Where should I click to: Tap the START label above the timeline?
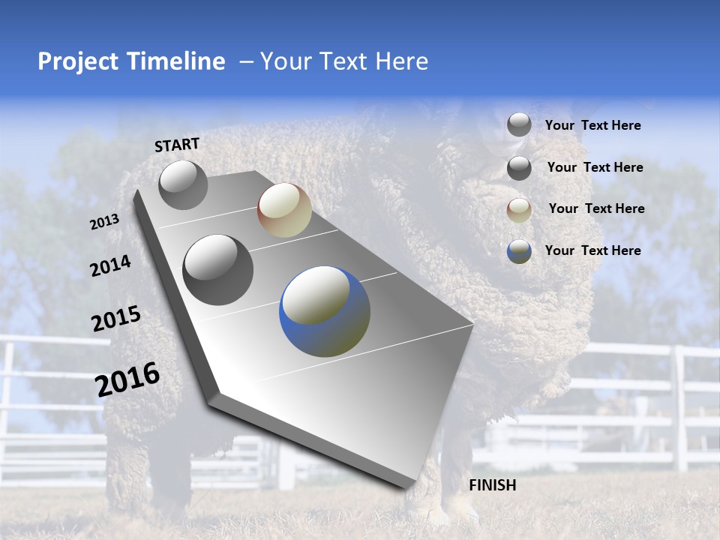point(177,145)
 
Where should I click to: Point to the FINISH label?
point(493,485)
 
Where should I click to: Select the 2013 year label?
point(104,222)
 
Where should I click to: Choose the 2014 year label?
point(110,265)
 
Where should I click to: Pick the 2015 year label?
point(116,319)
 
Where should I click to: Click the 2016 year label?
point(127,379)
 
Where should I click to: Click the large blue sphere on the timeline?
point(325,311)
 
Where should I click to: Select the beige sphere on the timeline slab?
point(284,210)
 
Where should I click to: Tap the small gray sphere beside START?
point(183,184)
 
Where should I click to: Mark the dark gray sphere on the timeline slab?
point(217,270)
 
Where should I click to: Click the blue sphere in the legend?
point(519,251)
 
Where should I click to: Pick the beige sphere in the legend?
point(519,210)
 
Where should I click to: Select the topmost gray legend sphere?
point(519,124)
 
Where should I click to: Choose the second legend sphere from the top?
point(519,168)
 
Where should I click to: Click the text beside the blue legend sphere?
point(592,250)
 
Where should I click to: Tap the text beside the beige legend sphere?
point(596,208)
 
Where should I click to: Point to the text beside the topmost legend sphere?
point(592,125)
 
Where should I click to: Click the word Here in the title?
point(401,61)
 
